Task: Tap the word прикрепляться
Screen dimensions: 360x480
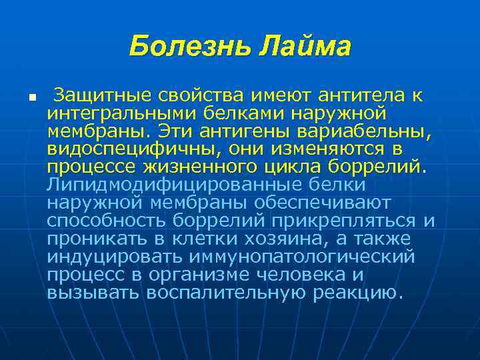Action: click(x=353, y=219)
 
